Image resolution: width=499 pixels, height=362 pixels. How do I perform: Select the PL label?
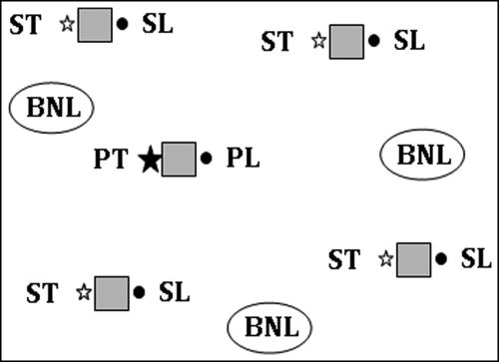click(243, 159)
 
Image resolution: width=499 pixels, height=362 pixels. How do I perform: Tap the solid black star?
click(150, 159)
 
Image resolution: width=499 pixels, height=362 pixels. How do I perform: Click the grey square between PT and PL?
click(179, 159)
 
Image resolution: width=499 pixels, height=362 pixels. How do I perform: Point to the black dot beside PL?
click(207, 158)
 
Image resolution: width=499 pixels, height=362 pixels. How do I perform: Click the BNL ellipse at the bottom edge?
click(269, 326)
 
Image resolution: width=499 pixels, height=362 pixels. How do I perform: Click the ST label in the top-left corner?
click(27, 24)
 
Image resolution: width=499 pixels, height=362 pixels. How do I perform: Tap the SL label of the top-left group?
click(158, 24)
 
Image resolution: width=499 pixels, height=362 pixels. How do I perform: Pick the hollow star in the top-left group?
click(67, 24)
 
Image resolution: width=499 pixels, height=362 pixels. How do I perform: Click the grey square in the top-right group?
click(346, 42)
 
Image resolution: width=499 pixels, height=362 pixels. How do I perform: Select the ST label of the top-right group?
click(277, 42)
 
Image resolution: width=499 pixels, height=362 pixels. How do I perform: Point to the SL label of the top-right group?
click(409, 42)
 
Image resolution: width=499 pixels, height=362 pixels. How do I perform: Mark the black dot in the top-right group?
click(374, 42)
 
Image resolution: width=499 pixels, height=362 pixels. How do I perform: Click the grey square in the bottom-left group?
click(111, 292)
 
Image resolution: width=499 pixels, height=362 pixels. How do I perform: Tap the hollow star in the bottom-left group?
click(84, 292)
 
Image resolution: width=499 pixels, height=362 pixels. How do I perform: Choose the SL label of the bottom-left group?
click(174, 292)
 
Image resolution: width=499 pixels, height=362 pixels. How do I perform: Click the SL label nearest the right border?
click(477, 259)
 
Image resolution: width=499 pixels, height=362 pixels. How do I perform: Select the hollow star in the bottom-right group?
click(386, 259)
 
